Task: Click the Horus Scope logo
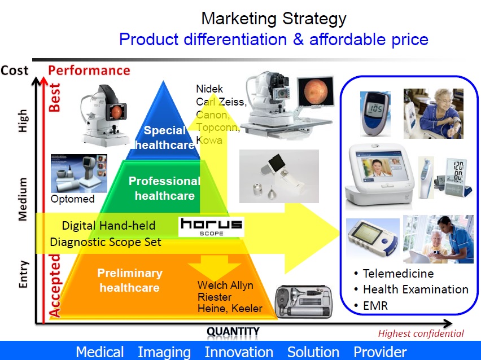click(211, 227)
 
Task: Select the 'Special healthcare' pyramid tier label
click(164, 137)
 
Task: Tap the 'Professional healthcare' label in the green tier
click(165, 188)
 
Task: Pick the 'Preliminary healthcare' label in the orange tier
click(130, 280)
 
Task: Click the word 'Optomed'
click(73, 199)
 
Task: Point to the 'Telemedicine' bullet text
click(398, 273)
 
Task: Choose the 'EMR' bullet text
click(375, 305)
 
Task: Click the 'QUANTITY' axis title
click(233, 331)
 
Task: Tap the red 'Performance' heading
click(89, 70)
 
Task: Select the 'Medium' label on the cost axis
click(23, 199)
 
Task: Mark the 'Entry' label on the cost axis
click(23, 274)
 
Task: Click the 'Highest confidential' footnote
click(421, 333)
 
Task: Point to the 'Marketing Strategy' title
click(274, 19)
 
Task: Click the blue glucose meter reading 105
click(375, 114)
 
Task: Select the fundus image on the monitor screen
click(316, 92)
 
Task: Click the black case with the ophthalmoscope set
click(304, 302)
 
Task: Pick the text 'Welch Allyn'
click(225, 285)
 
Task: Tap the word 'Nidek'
click(209, 89)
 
